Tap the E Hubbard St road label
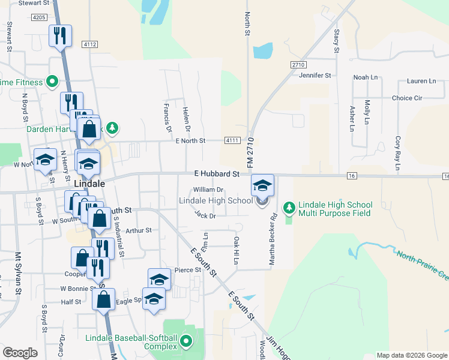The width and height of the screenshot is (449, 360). (217, 173)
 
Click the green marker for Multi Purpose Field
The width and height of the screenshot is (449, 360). (289, 207)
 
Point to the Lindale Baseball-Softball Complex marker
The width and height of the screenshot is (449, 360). (186, 342)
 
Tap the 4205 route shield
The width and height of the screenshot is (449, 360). (40, 18)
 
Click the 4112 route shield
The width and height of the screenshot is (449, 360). (90, 44)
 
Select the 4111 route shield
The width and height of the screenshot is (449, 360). (233, 140)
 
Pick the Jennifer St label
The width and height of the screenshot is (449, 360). (315, 76)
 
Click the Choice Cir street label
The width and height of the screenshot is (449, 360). (407, 98)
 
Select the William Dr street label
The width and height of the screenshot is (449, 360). (208, 190)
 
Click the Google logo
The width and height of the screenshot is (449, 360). (20, 352)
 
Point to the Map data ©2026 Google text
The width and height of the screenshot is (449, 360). (412, 355)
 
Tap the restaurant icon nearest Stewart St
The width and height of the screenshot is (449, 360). (60, 35)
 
